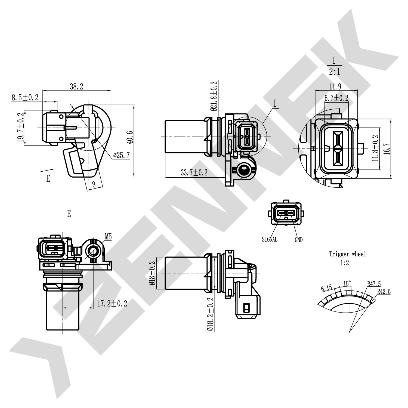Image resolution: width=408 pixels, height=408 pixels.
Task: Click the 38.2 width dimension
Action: click(76, 86)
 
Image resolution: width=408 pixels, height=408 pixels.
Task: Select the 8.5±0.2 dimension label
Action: click(25, 97)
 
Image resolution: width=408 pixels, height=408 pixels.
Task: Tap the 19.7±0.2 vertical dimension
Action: click(20, 128)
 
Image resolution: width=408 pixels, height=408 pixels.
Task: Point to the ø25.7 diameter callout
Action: click(122, 155)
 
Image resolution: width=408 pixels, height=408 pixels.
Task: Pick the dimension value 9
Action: click(94, 185)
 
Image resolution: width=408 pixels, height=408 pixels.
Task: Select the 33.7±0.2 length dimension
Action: click(194, 172)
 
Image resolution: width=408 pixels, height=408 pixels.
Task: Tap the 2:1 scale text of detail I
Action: click(335, 72)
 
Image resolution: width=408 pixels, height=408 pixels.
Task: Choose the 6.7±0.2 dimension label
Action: click(336, 98)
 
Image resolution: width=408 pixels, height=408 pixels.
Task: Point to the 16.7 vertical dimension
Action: click(387, 149)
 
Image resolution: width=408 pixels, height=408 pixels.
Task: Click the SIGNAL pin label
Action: click(270, 239)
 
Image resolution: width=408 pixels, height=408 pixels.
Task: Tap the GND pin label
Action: click(298, 240)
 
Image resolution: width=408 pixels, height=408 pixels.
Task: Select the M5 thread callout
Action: click(108, 237)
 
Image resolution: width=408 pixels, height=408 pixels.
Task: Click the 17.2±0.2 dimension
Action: click(112, 303)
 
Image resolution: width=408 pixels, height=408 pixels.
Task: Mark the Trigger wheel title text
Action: click(347, 254)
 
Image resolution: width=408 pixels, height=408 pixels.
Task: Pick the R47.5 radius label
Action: click(374, 284)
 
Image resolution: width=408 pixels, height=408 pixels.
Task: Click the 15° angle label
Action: click(347, 283)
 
